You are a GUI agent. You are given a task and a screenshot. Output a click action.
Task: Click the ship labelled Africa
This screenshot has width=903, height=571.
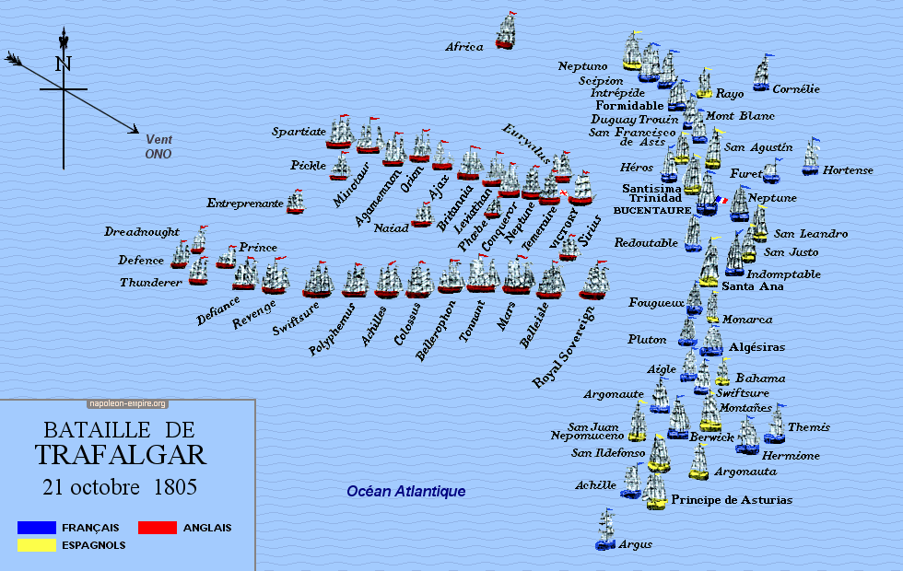pyautogui.click(x=506, y=30)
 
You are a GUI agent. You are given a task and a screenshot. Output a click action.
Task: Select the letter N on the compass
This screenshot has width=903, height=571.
pyautogui.click(x=63, y=64)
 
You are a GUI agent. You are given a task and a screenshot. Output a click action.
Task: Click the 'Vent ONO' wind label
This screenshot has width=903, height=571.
pyautogui.click(x=158, y=146)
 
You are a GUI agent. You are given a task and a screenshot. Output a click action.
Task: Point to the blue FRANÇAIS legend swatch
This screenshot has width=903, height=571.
pyautogui.click(x=36, y=528)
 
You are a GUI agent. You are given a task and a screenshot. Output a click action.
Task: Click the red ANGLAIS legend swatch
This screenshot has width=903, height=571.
pyautogui.click(x=157, y=528)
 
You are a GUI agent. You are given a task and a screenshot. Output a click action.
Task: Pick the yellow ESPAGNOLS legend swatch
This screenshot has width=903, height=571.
pyautogui.click(x=36, y=544)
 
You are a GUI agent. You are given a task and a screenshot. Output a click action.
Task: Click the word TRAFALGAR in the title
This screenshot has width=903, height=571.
pyautogui.click(x=121, y=454)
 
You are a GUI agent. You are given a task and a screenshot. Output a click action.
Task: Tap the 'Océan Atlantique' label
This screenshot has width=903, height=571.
pyautogui.click(x=405, y=492)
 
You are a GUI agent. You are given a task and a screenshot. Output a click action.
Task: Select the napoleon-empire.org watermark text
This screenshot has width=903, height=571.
pyautogui.click(x=127, y=403)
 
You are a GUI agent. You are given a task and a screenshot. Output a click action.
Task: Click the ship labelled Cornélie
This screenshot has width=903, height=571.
pyautogui.click(x=761, y=75)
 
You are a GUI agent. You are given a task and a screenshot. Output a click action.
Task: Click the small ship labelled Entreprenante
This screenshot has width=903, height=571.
pyautogui.click(x=295, y=202)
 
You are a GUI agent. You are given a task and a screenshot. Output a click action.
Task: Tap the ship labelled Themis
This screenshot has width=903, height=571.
pyautogui.click(x=775, y=425)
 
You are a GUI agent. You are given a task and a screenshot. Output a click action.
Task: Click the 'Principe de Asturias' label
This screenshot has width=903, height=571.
pyautogui.click(x=731, y=500)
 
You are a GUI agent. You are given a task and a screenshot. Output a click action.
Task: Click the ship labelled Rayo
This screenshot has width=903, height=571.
pyautogui.click(x=705, y=83)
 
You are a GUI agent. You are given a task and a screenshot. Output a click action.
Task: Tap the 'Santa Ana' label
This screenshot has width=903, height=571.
pyautogui.click(x=753, y=286)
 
